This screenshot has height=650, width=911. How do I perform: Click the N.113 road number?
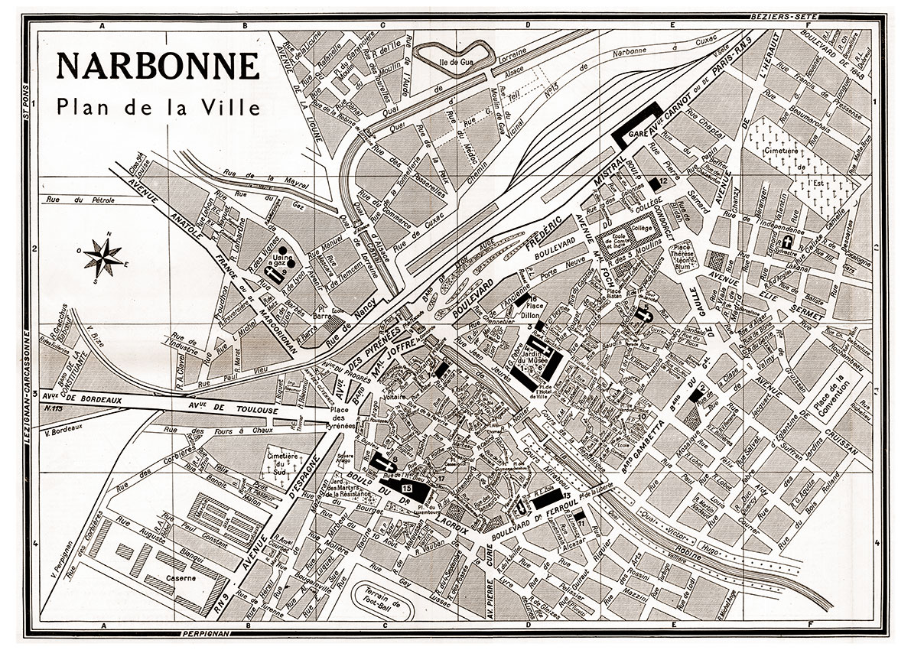click(54, 409)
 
